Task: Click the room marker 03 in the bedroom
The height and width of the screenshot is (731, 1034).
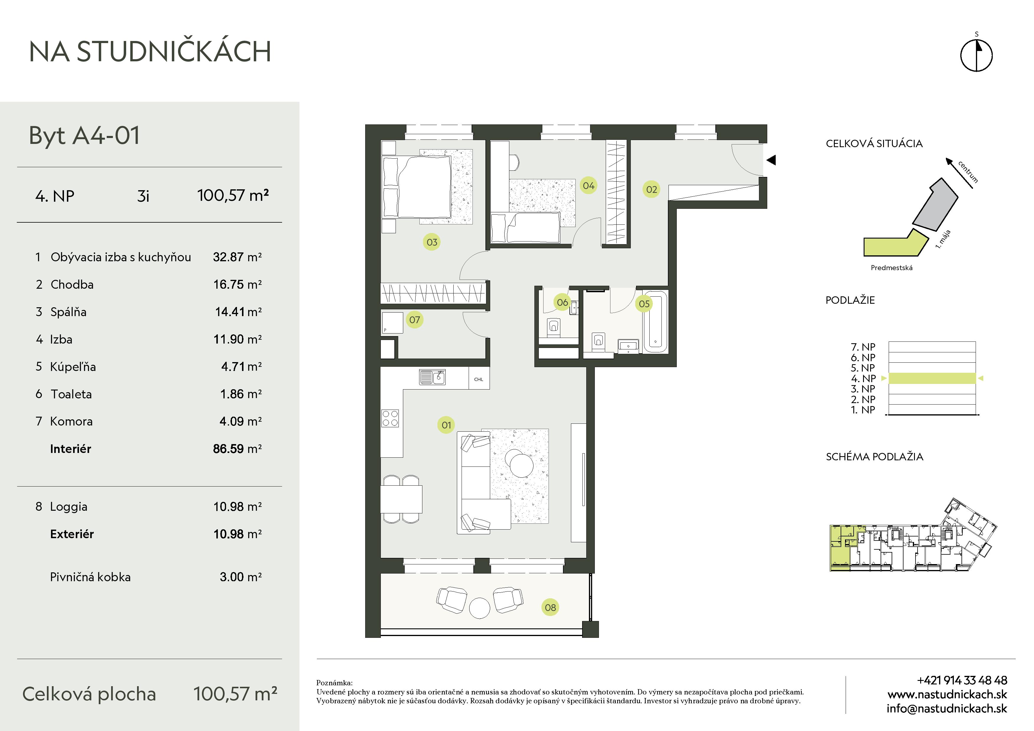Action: click(432, 242)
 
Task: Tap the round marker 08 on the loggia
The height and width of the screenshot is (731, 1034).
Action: click(550, 607)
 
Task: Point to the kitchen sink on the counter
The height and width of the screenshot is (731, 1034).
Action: click(432, 377)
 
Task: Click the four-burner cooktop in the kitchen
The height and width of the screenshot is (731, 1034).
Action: click(390, 418)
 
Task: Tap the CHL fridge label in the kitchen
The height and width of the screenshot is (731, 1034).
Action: click(479, 379)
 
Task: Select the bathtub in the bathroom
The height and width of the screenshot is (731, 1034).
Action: click(655, 322)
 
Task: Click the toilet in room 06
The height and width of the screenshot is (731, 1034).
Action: click(554, 327)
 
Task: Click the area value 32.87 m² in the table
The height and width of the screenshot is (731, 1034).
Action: click(237, 257)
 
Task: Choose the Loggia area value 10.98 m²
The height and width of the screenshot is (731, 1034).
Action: click(237, 507)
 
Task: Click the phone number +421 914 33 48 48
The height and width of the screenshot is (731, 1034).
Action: click(962, 680)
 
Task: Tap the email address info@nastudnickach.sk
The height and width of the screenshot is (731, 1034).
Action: click(947, 709)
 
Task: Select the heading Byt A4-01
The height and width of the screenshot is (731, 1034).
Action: click(85, 136)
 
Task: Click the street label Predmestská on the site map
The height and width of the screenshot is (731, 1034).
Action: click(891, 267)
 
